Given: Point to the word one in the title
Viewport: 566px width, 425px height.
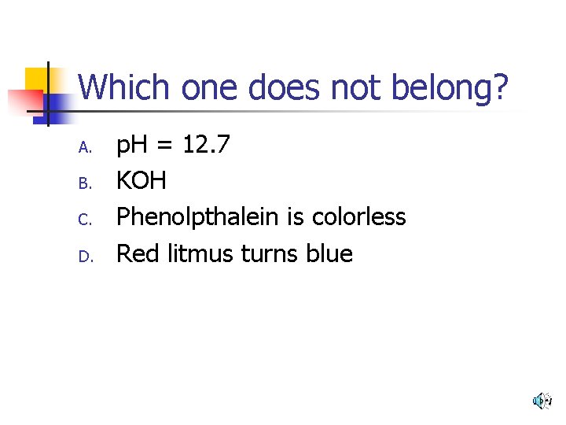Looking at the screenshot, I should [211, 88].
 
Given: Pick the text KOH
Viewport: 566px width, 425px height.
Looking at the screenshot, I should [141, 180].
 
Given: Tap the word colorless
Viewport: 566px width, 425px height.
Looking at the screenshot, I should [358, 216].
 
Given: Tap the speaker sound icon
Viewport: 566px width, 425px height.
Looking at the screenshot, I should [542, 401].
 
